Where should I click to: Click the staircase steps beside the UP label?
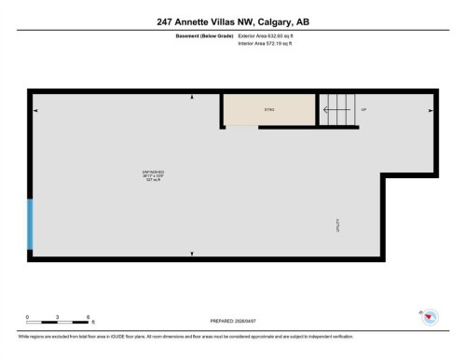337,109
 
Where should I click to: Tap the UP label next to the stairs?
363,110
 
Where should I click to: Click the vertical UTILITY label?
336,225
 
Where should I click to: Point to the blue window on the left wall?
31,224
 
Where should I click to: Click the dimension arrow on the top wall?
191,96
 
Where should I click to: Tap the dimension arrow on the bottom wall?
191,253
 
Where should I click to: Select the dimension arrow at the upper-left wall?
36,110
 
